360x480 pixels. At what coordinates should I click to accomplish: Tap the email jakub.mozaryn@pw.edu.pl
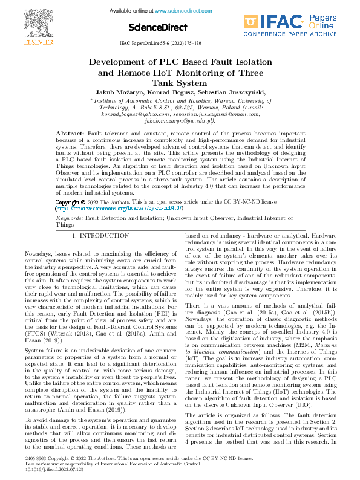(x=179, y=120)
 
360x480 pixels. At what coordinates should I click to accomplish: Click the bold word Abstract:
(x=70, y=132)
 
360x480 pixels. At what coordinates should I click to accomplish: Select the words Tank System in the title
(x=180, y=83)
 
